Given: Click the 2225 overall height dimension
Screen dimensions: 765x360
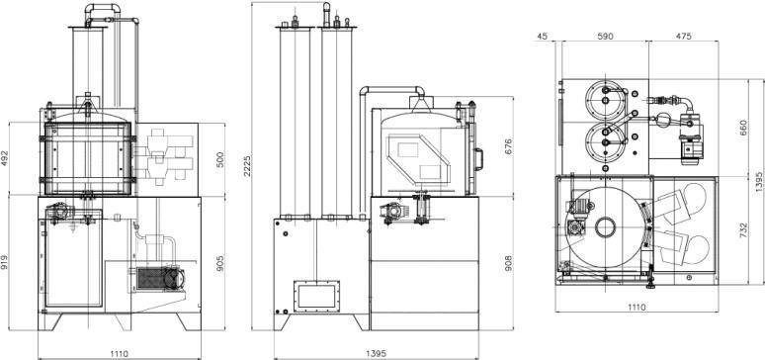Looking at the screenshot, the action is point(248,166).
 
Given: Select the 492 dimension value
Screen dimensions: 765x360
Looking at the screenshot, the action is point(5,158).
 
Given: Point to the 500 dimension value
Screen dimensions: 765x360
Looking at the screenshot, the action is point(220,160).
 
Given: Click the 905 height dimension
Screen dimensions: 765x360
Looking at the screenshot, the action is point(220,264).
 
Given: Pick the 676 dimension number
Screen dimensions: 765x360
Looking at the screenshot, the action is point(508,147).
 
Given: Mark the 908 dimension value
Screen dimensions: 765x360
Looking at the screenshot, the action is point(508,263).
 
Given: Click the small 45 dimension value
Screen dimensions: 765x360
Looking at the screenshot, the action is point(542,37).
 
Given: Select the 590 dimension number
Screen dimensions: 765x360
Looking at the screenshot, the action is point(605,37).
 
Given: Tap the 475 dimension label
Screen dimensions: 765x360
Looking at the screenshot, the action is point(683,37).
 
